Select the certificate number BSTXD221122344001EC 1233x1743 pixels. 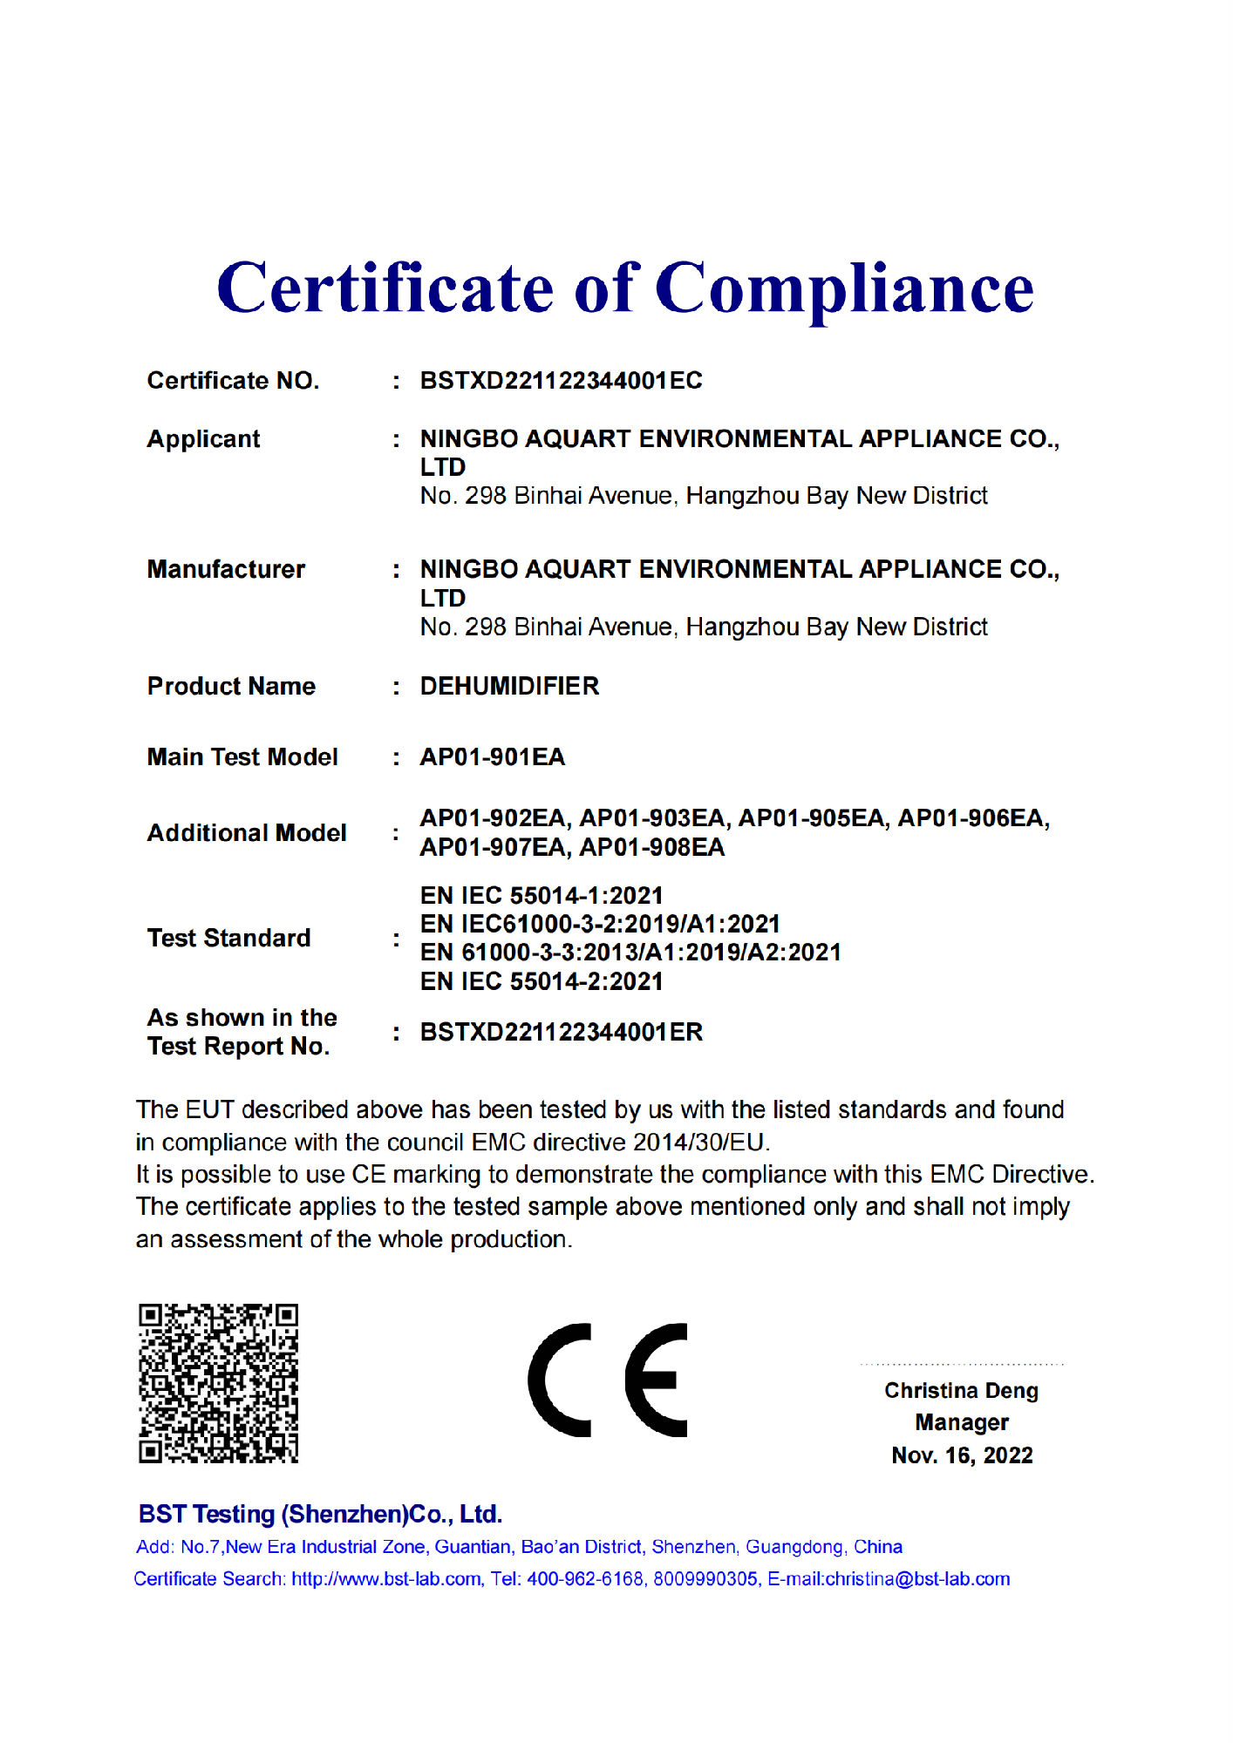pyautogui.click(x=561, y=381)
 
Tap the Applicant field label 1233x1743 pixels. pyautogui.click(x=203, y=439)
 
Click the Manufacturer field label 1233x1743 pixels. pyautogui.click(x=226, y=570)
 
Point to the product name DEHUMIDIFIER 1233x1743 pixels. pyautogui.click(x=509, y=687)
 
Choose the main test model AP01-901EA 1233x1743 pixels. pyautogui.click(x=493, y=757)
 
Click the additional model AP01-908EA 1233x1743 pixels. pyautogui.click(x=652, y=848)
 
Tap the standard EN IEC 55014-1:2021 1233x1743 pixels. pyautogui.click(x=542, y=896)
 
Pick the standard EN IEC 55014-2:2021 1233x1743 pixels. pyautogui.click(x=542, y=982)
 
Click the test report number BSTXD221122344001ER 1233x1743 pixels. pyautogui.click(x=561, y=1033)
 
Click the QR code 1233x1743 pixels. pyautogui.click(x=218, y=1383)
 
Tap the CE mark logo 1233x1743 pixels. pyautogui.click(x=608, y=1380)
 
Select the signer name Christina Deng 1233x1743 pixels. pyautogui.click(x=961, y=1391)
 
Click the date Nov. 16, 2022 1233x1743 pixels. pyautogui.click(x=962, y=1456)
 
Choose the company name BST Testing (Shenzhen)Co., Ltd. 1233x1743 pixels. pyautogui.click(x=320, y=1515)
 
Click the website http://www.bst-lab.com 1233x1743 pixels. pyautogui.click(x=385, y=1579)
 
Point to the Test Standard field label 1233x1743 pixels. pyautogui.click(x=228, y=939)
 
